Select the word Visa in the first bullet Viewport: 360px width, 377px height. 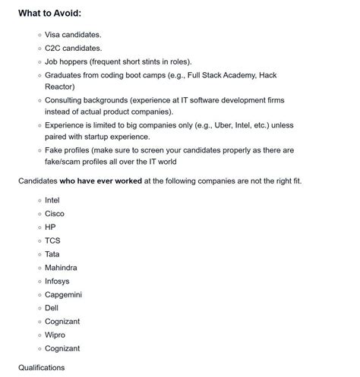coord(54,35)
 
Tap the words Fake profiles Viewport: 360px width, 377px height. coord(71,150)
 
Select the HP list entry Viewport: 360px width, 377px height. coord(51,227)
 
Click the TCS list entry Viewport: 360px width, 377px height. coord(53,240)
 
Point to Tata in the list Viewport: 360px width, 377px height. coord(52,254)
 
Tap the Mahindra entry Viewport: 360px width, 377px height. coord(61,268)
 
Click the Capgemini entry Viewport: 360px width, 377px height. coord(64,294)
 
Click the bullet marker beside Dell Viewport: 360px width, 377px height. coord(39,308)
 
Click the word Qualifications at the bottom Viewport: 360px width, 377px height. coord(42,368)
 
